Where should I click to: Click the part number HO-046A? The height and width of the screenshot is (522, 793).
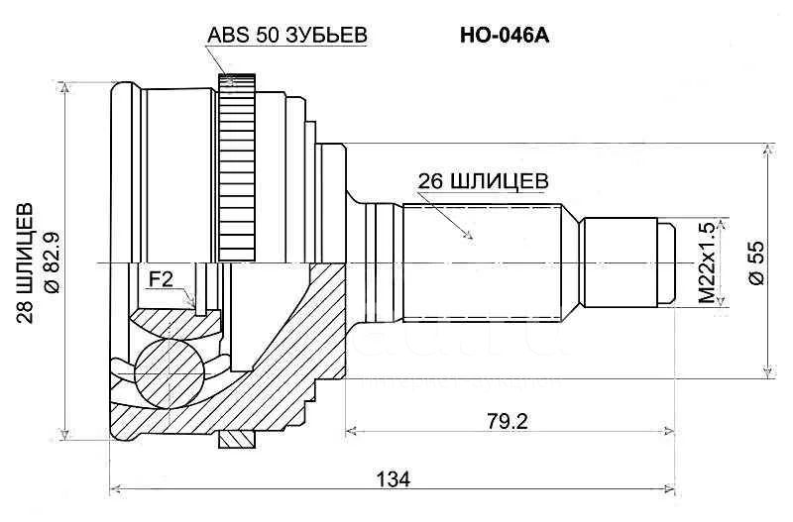click(x=505, y=36)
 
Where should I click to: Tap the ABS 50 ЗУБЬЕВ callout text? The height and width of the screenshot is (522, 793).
click(x=286, y=35)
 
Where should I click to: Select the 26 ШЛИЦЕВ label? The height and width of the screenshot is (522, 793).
click(x=483, y=181)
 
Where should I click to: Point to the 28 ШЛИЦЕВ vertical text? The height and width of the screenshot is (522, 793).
click(x=25, y=263)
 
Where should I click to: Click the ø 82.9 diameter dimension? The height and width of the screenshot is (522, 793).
click(x=53, y=262)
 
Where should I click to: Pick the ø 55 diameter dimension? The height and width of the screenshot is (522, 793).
click(x=757, y=262)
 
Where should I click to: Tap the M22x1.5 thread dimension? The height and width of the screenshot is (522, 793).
click(x=708, y=262)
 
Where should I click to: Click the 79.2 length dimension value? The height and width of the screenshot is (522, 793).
click(x=508, y=421)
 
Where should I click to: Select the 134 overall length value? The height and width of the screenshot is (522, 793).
click(x=393, y=479)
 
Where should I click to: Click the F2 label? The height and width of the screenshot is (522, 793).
click(x=161, y=280)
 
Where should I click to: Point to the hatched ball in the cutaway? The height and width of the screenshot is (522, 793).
click(x=169, y=373)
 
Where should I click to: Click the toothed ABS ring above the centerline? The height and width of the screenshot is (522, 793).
click(x=237, y=167)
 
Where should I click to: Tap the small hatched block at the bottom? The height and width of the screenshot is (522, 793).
click(x=236, y=439)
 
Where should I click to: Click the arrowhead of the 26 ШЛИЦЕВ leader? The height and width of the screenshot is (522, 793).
click(x=469, y=235)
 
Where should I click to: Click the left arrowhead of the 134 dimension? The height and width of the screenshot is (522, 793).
click(x=115, y=488)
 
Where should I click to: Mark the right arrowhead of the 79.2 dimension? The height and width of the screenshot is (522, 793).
click(x=670, y=431)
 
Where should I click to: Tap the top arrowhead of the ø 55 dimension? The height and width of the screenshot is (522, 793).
click(x=769, y=149)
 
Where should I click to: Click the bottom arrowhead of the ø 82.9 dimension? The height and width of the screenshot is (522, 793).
click(x=64, y=435)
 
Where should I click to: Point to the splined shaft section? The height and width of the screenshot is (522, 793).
click(x=482, y=262)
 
